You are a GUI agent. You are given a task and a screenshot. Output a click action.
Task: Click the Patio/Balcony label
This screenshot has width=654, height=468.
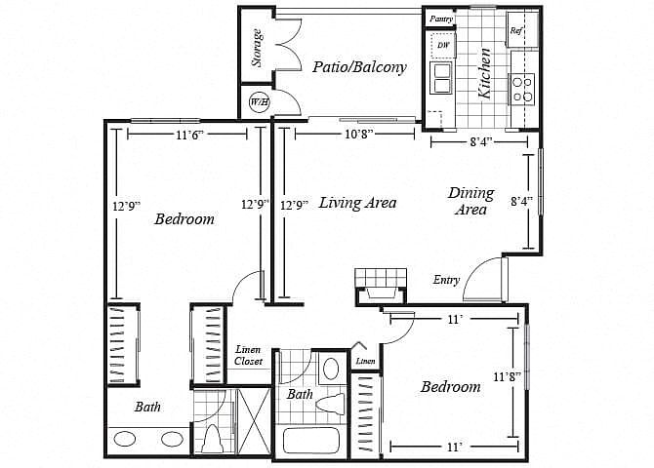click(x=359, y=67)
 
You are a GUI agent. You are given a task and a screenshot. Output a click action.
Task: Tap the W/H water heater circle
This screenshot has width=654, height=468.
click(x=260, y=102)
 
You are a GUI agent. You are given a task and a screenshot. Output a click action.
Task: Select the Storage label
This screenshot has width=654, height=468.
click(x=258, y=48)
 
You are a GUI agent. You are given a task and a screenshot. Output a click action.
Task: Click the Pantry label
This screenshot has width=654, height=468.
click(x=441, y=19)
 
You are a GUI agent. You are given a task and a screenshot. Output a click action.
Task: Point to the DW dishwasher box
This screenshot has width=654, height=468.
click(x=443, y=45)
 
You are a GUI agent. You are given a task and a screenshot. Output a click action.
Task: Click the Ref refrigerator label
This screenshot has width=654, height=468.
click(x=516, y=30)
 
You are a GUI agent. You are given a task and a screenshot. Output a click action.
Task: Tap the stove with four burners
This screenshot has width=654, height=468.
click(x=523, y=89)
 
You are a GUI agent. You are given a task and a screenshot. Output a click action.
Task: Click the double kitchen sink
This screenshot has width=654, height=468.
click(x=441, y=78)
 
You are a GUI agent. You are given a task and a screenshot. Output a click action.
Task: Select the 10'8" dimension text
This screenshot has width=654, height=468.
click(x=353, y=134)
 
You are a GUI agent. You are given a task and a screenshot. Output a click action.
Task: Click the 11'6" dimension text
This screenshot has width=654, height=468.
click(x=186, y=135)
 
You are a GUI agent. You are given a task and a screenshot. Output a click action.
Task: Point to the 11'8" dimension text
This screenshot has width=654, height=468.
click(x=507, y=377)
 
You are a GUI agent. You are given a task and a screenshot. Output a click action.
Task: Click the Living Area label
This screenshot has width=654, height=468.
click(x=357, y=203)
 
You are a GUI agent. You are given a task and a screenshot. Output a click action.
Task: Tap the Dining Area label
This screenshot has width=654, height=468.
click(x=471, y=201)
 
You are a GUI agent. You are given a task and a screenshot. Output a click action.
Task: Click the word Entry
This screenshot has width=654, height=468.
click(x=446, y=280)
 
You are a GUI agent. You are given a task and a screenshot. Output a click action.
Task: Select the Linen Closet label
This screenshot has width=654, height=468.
click(x=249, y=356)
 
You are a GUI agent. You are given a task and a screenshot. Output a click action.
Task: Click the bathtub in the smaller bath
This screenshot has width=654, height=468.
click(x=310, y=441)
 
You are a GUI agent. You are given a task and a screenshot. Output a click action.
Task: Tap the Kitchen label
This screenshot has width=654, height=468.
click(x=485, y=73)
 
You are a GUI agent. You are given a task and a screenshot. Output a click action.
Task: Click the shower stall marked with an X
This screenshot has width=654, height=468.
click(x=254, y=422)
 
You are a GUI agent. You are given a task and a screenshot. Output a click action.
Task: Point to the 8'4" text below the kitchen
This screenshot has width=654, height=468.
click(x=480, y=142)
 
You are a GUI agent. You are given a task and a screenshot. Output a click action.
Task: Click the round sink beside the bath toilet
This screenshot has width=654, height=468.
click(x=330, y=368)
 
